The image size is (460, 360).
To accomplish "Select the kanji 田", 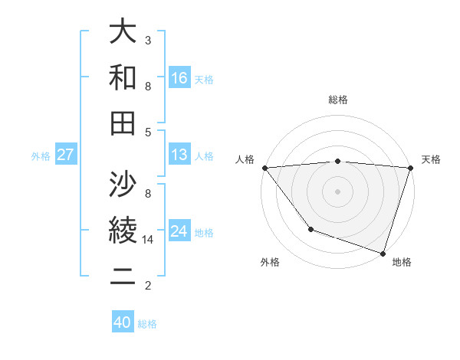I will click(123, 122).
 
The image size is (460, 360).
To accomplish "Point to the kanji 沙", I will click(123, 185).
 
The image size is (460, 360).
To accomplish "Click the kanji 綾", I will click(123, 230).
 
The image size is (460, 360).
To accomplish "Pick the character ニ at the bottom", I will click(123, 276).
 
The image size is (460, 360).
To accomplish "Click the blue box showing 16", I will click(179, 77).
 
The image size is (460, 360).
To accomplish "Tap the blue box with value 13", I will click(179, 155).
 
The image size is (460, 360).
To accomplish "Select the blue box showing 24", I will click(179, 231).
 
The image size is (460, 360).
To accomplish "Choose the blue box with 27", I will click(66, 155).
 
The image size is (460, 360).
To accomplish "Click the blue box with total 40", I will click(123, 322).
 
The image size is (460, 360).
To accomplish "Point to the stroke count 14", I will click(149, 240).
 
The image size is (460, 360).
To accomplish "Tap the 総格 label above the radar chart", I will click(338, 100).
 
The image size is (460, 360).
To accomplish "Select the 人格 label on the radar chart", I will click(245, 159).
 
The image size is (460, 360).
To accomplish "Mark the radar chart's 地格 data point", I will click(383, 253).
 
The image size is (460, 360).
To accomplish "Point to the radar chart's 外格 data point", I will click(310, 229).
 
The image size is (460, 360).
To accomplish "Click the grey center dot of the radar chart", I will click(337, 191).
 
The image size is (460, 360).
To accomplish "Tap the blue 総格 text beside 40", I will click(147, 324).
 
